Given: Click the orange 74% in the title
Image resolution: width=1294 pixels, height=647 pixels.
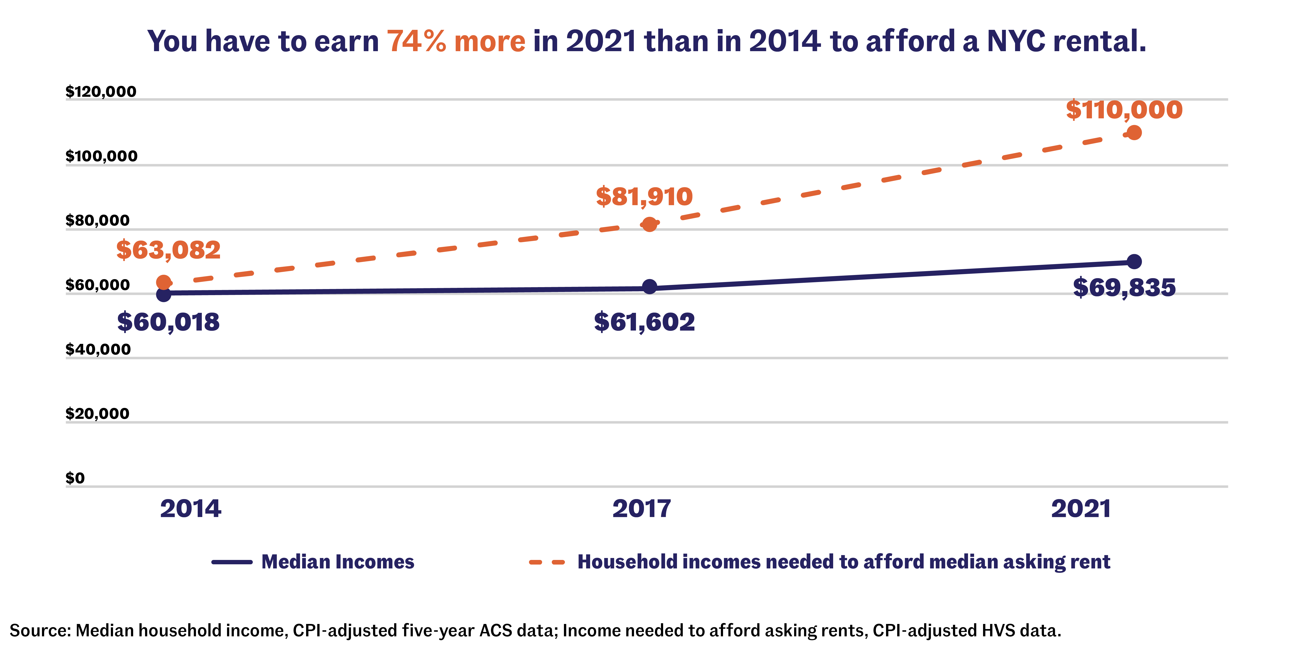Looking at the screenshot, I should pyautogui.click(x=416, y=41).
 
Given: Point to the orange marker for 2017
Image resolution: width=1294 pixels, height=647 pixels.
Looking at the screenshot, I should pyautogui.click(x=649, y=225).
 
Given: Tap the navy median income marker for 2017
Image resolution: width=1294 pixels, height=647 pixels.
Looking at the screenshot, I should pyautogui.click(x=649, y=287).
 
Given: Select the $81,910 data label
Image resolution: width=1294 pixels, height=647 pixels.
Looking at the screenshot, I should pyautogui.click(x=644, y=196).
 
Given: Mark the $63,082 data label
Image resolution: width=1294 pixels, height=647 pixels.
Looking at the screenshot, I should pyautogui.click(x=168, y=250).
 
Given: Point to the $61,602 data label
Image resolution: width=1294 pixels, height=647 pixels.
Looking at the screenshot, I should pyautogui.click(x=644, y=322).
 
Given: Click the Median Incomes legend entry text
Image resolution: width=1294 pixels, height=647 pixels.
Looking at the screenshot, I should pyautogui.click(x=338, y=562).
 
